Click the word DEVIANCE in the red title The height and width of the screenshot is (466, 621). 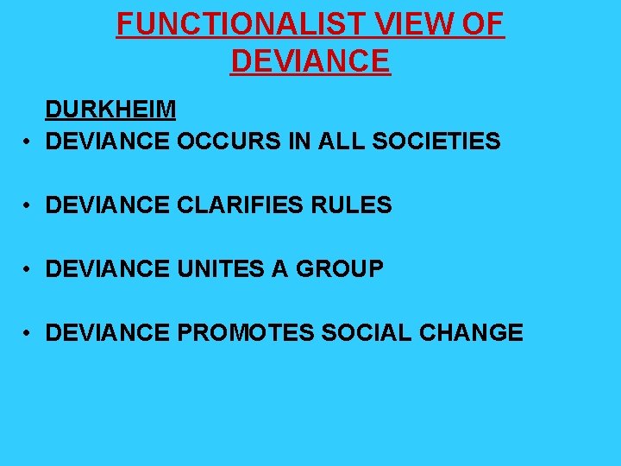(310, 61)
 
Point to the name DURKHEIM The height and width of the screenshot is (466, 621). (110, 110)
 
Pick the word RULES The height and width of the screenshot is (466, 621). (354, 205)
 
